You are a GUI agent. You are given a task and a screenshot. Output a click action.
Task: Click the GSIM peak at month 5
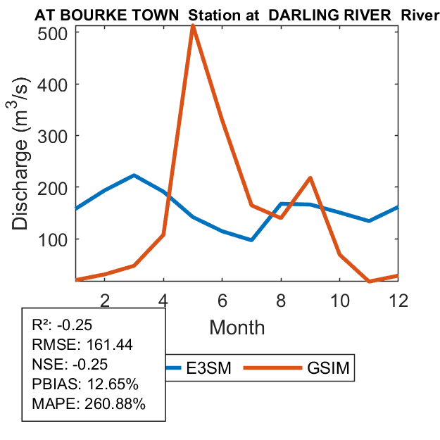pyautogui.click(x=192, y=26)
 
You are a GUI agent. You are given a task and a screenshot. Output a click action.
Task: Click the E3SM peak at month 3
pyautogui.click(x=134, y=175)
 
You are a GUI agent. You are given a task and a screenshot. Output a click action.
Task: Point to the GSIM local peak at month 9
pyautogui.click(x=310, y=178)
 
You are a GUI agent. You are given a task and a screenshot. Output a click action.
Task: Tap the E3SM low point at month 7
pyautogui.click(x=251, y=240)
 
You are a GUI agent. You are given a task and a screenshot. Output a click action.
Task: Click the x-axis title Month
pyautogui.click(x=237, y=327)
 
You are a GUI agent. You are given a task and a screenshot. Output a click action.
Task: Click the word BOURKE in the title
pyautogui.click(x=92, y=14)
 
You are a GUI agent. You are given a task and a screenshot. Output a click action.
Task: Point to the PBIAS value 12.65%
pyautogui.click(x=114, y=385)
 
